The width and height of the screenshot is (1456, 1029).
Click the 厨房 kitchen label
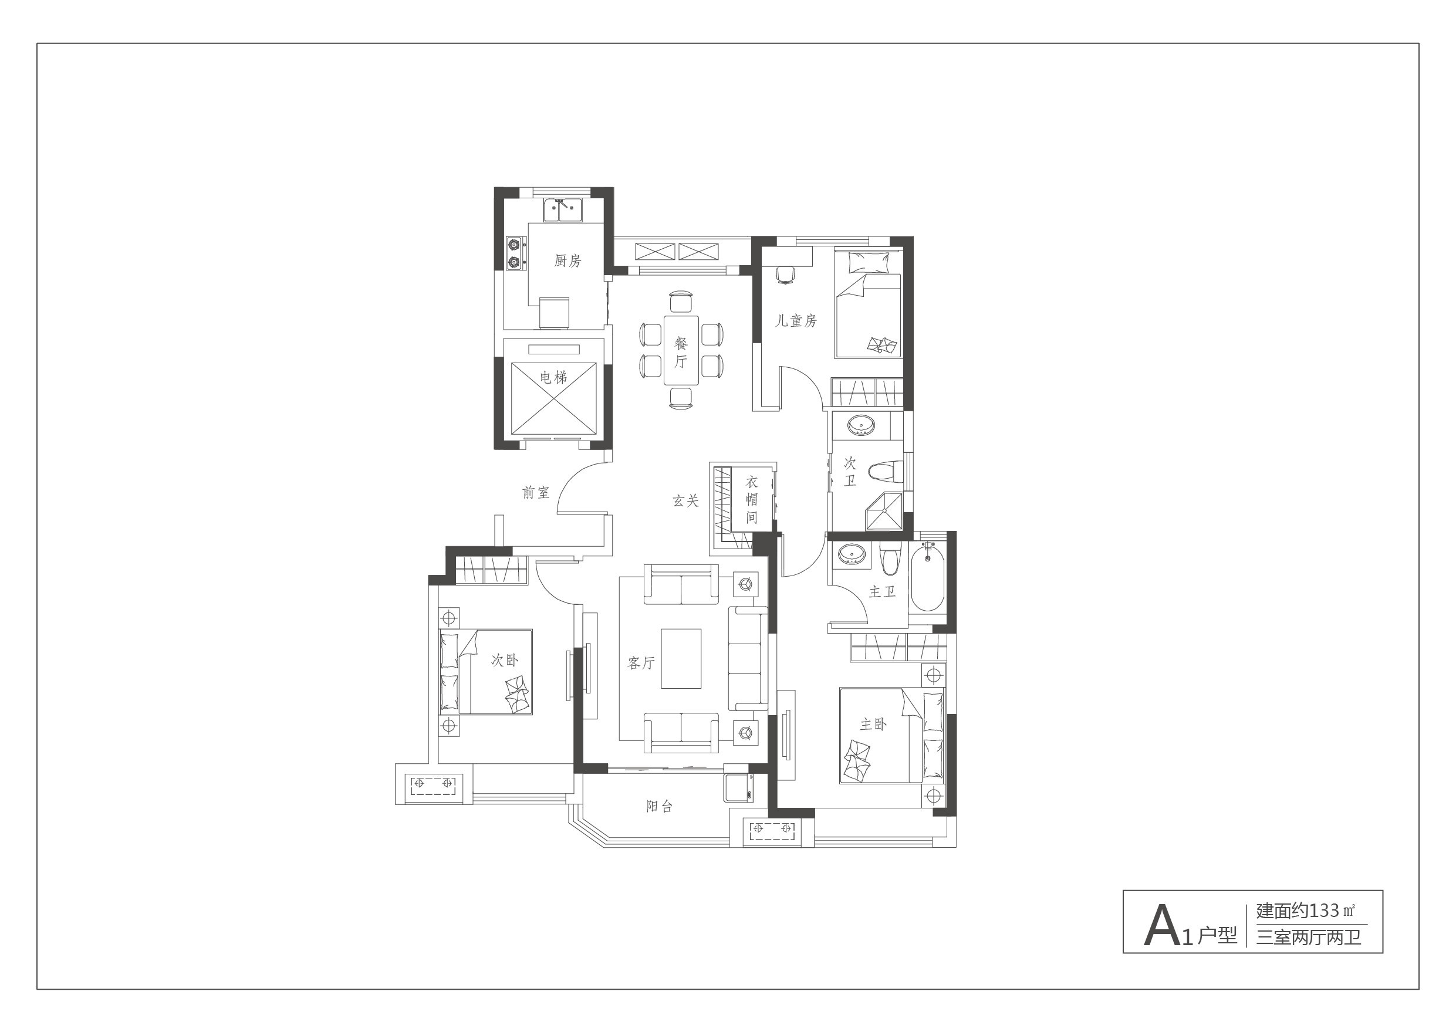[x=567, y=260]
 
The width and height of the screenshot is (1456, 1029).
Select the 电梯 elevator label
[x=553, y=378]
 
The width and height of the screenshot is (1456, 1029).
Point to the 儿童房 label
[x=796, y=321]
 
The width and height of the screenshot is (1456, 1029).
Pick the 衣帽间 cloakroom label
[x=751, y=500]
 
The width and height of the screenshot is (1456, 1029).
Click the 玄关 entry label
[x=685, y=502]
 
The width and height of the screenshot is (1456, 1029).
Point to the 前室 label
[x=536, y=493]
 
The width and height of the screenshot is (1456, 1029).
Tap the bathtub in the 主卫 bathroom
[x=927, y=580]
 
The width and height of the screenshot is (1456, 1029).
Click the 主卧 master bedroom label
[x=873, y=724]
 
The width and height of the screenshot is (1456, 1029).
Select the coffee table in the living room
[x=681, y=658]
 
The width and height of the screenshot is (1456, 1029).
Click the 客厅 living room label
[x=641, y=663]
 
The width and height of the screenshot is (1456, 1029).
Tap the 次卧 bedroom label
[x=505, y=661]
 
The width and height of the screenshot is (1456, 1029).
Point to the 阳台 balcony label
[x=660, y=807]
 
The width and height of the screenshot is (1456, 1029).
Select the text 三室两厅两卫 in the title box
[x=1308, y=936]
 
